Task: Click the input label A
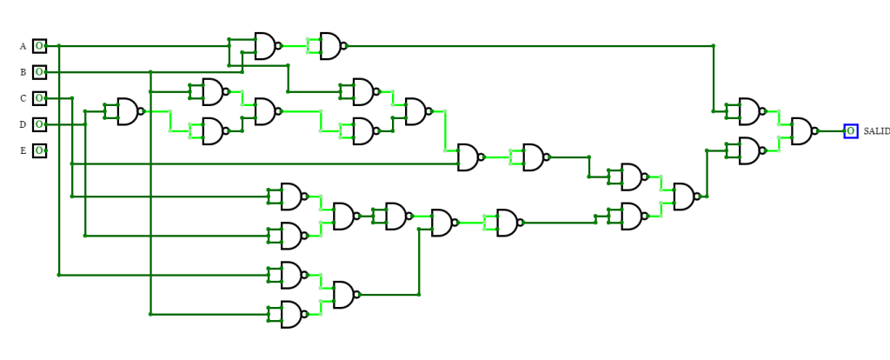tap(23, 46)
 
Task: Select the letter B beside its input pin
tap(23, 72)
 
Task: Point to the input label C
tap(23, 98)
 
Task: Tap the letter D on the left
tap(23, 124)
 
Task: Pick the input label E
tap(23, 150)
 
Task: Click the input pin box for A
tap(39, 46)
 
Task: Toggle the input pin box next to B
tap(39, 72)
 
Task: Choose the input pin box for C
tap(39, 98)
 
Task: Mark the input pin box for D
tap(39, 124)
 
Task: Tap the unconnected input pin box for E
tap(39, 150)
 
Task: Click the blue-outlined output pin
tap(850, 131)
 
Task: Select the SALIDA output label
tap(875, 131)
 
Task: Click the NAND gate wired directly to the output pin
tap(801, 131)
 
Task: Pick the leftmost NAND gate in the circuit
tap(128, 111)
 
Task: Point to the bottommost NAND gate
tap(291, 314)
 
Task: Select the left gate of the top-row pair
tap(264, 46)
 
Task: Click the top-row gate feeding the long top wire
tap(330, 46)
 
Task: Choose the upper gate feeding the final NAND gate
tap(749, 111)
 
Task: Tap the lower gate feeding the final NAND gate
tap(749, 150)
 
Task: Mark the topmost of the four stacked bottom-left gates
tap(291, 197)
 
